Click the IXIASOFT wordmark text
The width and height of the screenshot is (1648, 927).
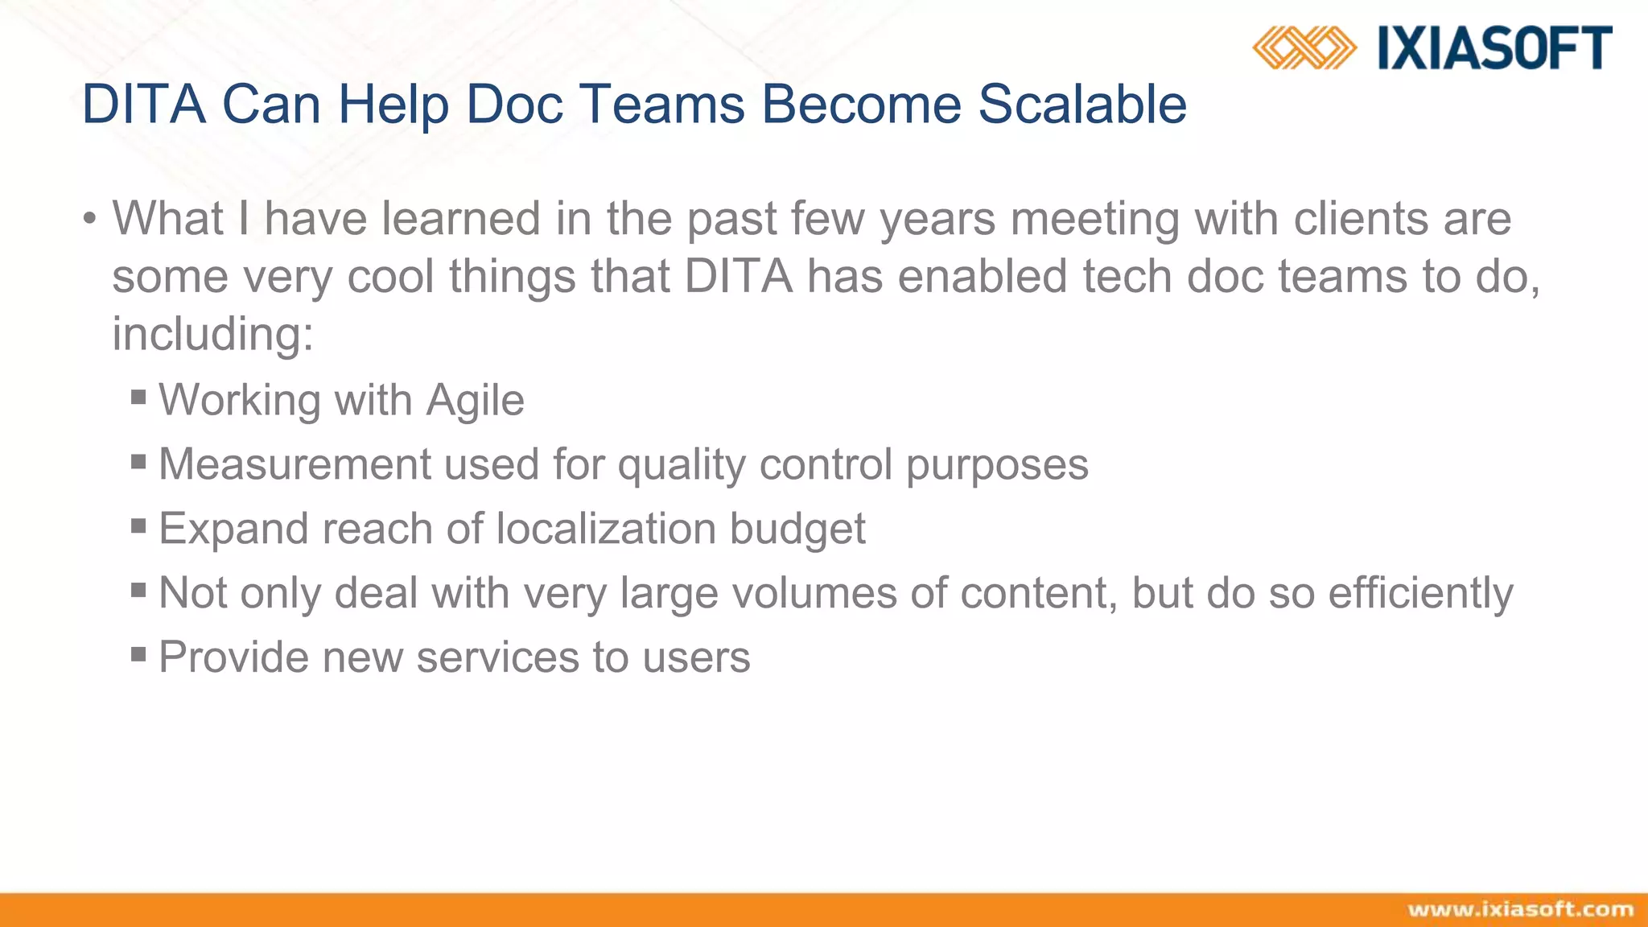1494,47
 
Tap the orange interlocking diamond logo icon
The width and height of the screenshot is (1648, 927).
1304,47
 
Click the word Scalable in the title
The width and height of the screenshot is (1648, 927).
1082,105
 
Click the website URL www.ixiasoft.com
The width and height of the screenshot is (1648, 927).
1520,909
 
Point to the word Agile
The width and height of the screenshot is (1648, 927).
475,400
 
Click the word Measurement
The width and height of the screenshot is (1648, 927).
294,464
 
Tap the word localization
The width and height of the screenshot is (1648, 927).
605,529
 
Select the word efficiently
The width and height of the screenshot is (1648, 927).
1420,593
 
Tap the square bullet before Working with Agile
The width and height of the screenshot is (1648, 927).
138,397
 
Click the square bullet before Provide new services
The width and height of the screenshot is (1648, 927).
138,654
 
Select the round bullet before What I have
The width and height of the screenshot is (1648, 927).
89,220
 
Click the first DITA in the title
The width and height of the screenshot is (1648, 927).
143,105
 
